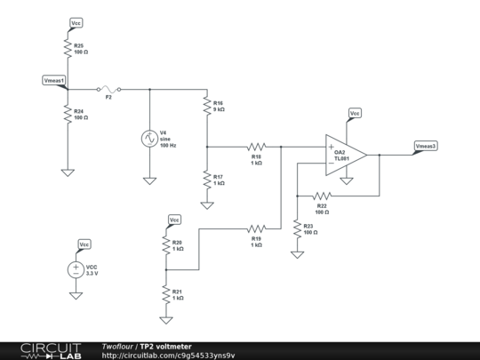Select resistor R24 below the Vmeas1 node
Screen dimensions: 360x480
[67, 114]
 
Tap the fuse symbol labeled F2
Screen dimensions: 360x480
[108, 89]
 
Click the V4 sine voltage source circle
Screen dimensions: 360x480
[149, 139]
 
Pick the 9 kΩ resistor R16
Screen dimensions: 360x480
[206, 108]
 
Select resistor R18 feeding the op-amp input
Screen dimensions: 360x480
[257, 146]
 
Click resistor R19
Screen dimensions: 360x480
[257, 228]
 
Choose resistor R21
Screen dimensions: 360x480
[165, 292]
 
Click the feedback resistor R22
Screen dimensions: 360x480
[321, 196]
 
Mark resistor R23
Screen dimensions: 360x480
[296, 228]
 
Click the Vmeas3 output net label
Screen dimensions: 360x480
[425, 145]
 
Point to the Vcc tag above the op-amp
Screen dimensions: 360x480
[355, 114]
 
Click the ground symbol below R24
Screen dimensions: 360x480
[67, 172]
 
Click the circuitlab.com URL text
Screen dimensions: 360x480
[169, 356]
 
